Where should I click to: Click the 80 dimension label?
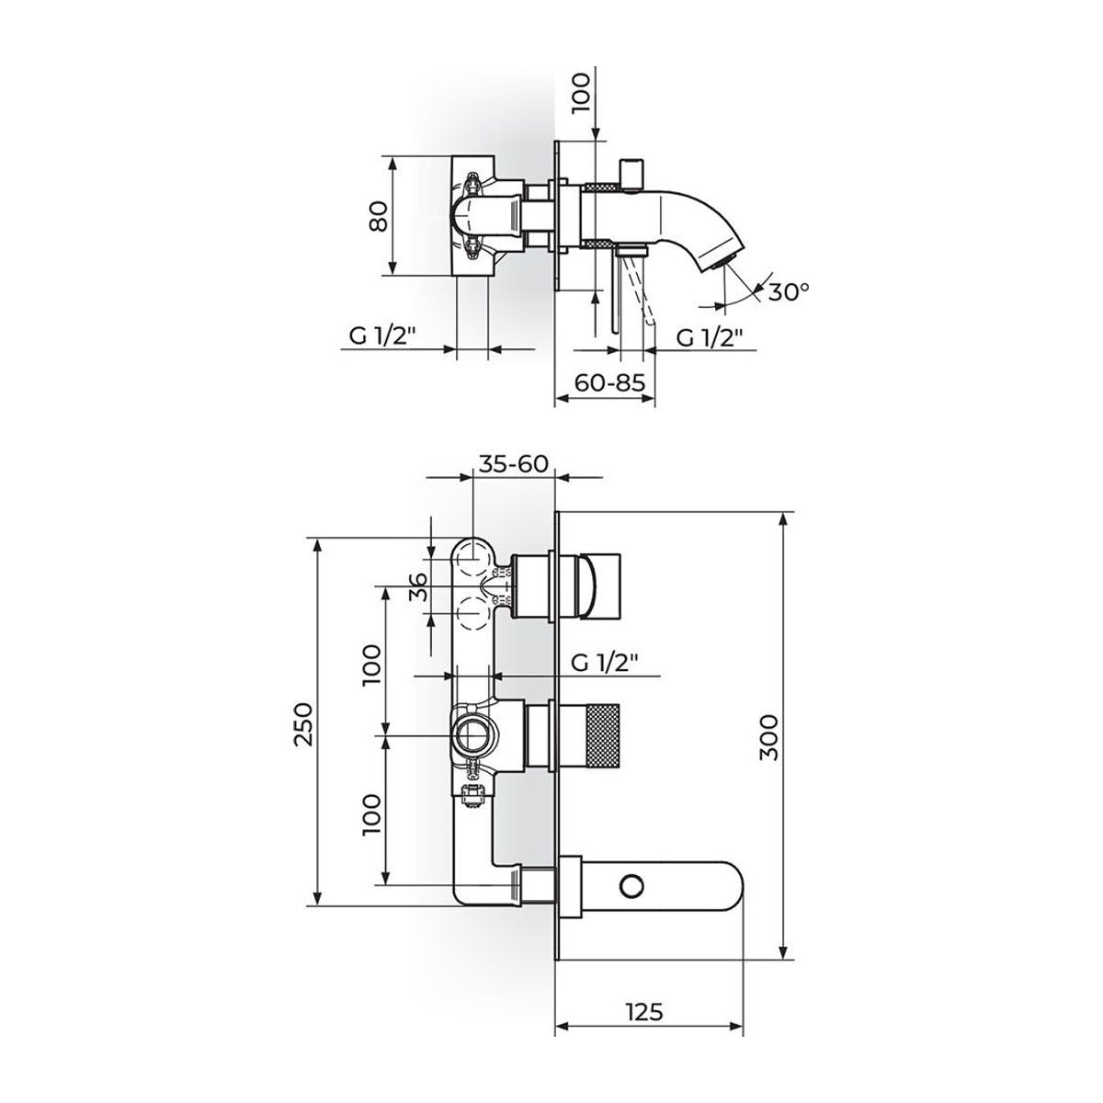379,216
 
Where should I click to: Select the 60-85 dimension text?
609,382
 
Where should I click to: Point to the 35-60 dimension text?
514,463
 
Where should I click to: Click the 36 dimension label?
418,586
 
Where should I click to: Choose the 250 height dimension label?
304,723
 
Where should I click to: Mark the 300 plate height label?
770,737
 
